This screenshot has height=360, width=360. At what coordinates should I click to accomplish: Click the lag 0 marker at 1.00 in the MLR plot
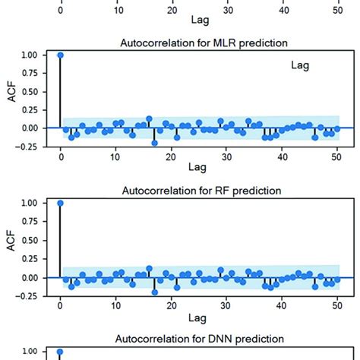point(60,55)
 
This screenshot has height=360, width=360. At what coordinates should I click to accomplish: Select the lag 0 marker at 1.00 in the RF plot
point(60,204)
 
